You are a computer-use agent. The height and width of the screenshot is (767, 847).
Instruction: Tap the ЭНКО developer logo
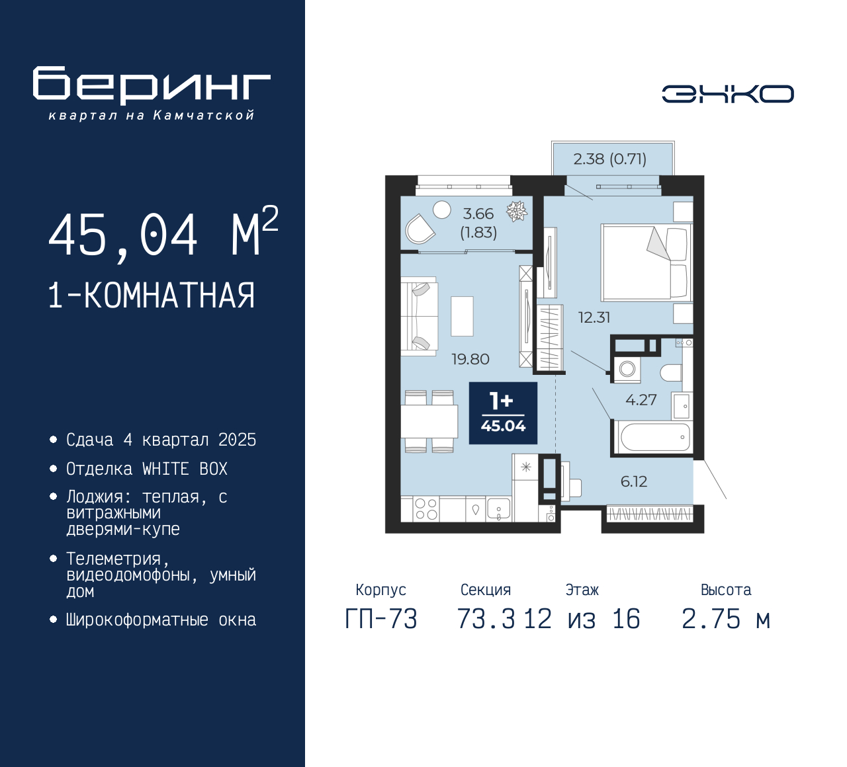point(727,94)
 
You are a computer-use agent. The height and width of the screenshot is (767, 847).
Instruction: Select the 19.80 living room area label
point(470,360)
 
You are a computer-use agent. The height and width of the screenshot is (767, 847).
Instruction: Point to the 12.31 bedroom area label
point(594,317)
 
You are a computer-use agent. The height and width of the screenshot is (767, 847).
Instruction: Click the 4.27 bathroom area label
point(641,399)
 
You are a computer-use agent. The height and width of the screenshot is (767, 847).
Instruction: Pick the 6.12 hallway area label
point(634,481)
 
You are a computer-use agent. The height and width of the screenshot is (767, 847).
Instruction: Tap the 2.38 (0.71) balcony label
point(609,159)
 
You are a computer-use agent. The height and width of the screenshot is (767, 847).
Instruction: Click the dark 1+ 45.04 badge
point(503,413)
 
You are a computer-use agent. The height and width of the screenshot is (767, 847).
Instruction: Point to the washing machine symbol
point(627,370)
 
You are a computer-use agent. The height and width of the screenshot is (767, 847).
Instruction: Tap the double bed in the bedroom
point(646,262)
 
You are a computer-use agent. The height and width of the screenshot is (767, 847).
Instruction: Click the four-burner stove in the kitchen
point(426,509)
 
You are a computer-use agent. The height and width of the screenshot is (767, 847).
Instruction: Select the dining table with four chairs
point(429,421)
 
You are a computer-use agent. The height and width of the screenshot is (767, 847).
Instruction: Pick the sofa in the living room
point(419,317)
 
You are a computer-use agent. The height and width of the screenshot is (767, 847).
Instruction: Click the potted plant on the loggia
point(517,212)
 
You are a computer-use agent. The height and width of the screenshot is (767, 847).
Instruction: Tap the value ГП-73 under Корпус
point(381,619)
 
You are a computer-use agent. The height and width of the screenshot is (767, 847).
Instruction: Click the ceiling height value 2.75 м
point(725,619)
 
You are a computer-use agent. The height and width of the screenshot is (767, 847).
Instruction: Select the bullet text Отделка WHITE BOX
point(146,469)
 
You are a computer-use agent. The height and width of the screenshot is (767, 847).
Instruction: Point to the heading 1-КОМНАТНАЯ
point(152,296)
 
